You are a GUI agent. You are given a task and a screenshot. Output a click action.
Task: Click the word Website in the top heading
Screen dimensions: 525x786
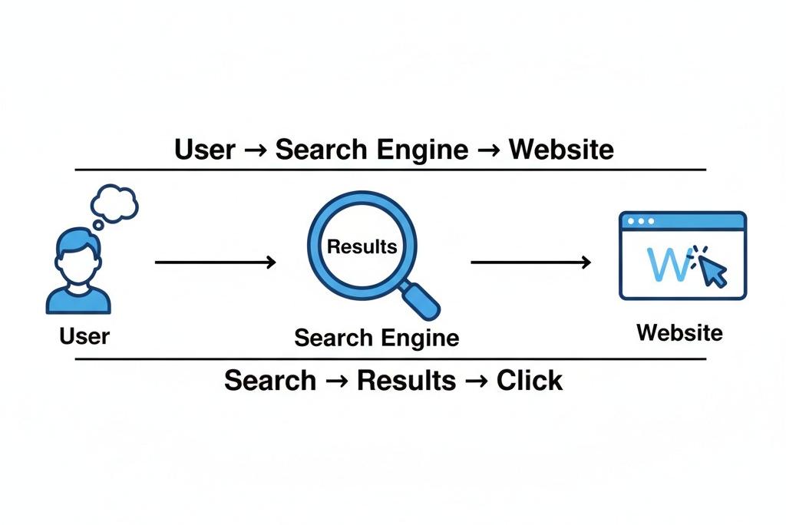(561, 149)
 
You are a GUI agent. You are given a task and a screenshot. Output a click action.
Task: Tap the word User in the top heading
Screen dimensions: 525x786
(204, 149)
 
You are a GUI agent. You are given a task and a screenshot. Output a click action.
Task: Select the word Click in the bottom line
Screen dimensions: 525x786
(530, 380)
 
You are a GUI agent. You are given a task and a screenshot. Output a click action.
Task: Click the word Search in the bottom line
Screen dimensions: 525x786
(270, 380)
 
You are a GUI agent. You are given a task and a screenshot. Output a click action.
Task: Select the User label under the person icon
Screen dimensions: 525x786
(84, 335)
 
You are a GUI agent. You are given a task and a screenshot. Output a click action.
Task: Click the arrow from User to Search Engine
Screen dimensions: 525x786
(216, 262)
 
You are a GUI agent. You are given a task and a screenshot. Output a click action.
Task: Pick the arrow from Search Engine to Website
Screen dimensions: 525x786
(530, 262)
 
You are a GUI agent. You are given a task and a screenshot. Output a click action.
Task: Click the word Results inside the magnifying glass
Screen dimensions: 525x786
(362, 246)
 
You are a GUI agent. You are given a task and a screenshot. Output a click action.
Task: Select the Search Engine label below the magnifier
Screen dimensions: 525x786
(377, 338)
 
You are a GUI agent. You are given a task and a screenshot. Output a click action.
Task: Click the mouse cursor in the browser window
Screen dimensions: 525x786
(712, 269)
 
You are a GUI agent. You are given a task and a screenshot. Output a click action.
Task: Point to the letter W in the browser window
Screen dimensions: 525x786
(665, 263)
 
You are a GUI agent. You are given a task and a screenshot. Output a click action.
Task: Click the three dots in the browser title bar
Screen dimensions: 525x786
(641, 221)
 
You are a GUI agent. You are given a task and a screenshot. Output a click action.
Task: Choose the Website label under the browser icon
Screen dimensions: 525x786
(679, 332)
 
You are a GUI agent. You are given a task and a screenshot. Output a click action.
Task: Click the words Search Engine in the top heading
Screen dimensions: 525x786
(372, 149)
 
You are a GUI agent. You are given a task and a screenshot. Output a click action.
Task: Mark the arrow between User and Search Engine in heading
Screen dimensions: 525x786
(255, 150)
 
